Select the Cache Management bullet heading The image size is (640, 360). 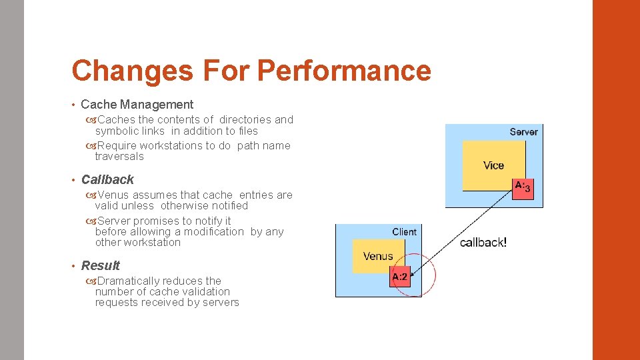(137, 105)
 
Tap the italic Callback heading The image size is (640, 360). (107, 179)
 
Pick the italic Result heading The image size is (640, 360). (101, 265)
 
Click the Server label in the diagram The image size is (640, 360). (523, 132)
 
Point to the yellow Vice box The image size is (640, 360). (493, 165)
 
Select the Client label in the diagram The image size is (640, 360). (404, 232)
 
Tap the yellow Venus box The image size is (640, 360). (378, 257)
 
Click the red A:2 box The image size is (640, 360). (400, 277)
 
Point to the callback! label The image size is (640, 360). (483, 243)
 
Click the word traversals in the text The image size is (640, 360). (119, 157)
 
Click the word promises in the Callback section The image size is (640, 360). (158, 221)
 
